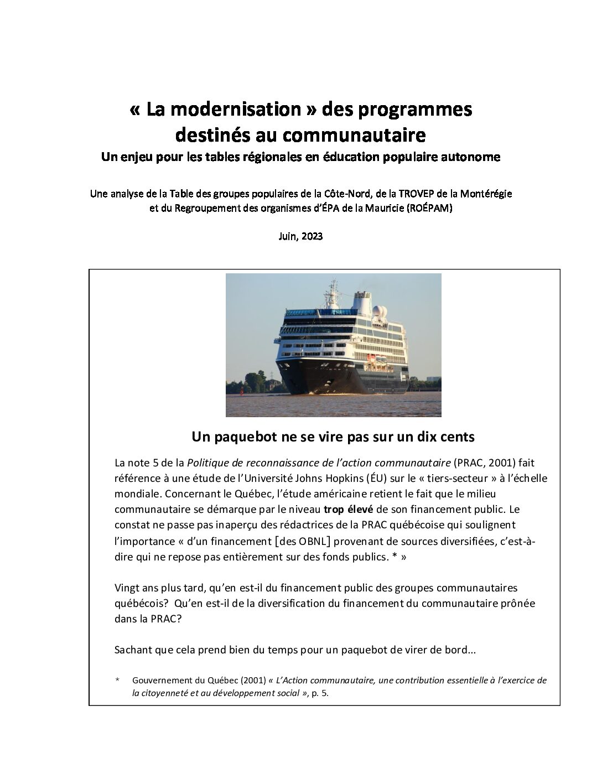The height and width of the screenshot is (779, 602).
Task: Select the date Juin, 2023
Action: tap(300, 236)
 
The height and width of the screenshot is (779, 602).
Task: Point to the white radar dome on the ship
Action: tap(379, 310)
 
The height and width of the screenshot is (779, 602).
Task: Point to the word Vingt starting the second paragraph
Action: tap(127, 588)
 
